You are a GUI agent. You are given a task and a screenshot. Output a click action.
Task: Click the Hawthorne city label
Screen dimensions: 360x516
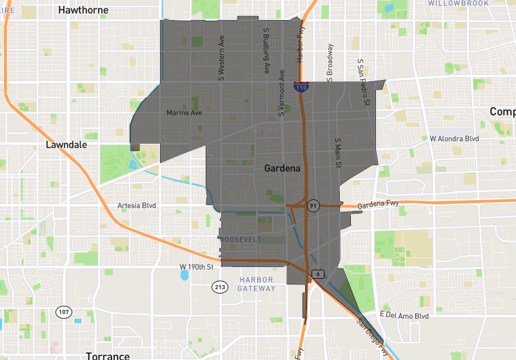[82, 10]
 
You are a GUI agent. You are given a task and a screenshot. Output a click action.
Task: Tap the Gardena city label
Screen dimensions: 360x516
[282, 168]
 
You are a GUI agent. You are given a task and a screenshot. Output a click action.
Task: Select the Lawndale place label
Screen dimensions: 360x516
[66, 145]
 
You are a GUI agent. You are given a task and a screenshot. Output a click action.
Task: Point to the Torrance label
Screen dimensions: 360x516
[108, 355]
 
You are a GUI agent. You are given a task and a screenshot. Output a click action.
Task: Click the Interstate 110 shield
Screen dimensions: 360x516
[301, 86]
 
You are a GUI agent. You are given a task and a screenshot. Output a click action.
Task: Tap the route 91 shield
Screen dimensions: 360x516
[313, 206]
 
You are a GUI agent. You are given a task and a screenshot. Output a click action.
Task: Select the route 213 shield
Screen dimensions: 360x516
[221, 286]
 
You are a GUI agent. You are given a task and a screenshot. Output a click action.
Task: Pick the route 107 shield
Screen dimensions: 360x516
[63, 312]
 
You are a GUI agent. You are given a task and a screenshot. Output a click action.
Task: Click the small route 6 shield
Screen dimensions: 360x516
[318, 274]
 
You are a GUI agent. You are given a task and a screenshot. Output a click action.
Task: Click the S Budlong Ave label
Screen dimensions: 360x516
[265, 50]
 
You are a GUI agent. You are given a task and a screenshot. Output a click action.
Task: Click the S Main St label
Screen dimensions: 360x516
[337, 152]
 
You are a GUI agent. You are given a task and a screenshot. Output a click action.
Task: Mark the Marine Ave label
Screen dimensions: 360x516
[184, 113]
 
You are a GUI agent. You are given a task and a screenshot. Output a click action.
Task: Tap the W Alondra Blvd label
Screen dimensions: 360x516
[454, 139]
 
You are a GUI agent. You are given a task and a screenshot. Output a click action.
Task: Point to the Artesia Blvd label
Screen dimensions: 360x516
[137, 206]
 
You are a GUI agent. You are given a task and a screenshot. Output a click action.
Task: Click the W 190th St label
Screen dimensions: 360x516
[196, 266]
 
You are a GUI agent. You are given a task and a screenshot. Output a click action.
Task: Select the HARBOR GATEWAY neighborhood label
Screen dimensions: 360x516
[256, 284]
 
